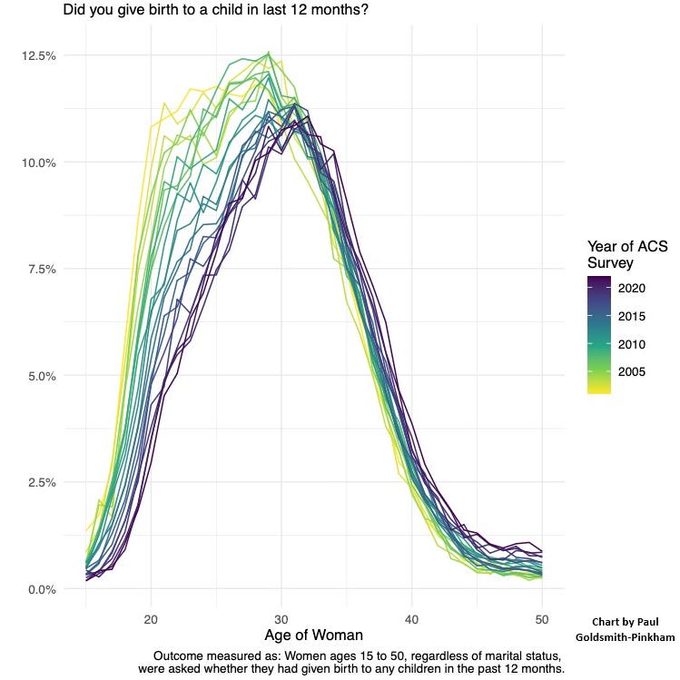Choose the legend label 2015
(634, 317)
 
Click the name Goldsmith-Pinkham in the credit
(626, 637)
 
